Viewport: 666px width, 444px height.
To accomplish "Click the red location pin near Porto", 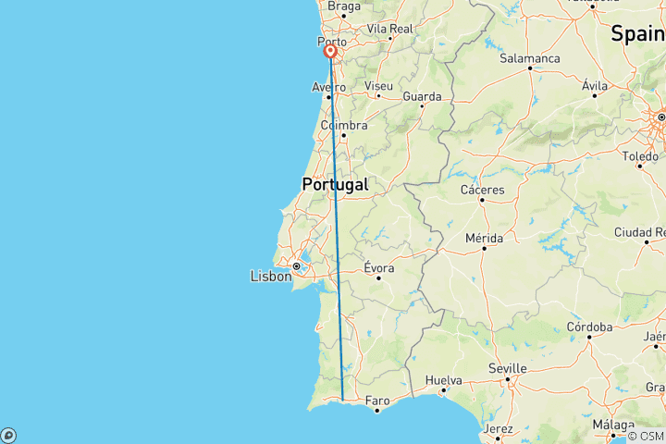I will point(329,52).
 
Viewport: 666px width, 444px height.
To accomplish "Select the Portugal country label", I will point(335,184).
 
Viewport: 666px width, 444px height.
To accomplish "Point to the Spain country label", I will point(636,33).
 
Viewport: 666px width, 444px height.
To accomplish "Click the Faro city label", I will point(377,400).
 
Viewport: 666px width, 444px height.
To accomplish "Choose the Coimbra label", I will point(343,125).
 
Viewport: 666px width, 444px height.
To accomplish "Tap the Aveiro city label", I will point(328,87).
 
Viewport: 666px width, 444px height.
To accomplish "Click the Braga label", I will point(344,6).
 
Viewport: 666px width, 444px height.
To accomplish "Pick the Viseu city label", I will point(378,86).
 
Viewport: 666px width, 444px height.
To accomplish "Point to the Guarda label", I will point(421,95).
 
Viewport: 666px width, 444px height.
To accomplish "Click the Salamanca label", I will point(529,57).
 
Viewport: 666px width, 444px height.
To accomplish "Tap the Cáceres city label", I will point(483,190).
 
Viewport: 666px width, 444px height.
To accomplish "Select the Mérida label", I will point(484,238).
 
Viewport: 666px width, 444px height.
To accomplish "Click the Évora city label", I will point(379,267).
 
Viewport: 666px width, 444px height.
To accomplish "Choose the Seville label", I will point(507,368).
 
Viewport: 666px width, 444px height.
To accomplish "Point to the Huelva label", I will point(443,380).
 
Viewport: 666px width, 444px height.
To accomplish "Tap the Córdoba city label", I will point(589,327).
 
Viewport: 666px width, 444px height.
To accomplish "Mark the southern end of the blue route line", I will point(343,400).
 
